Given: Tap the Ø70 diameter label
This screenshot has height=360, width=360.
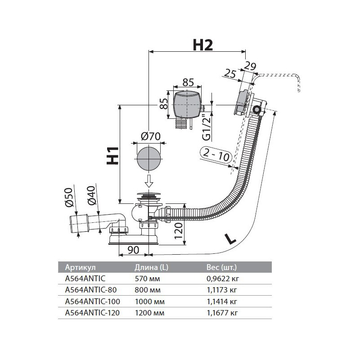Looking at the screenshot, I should pyautogui.click(x=150, y=135).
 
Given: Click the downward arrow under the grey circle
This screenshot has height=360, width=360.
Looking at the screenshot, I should pyautogui.click(x=149, y=182).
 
